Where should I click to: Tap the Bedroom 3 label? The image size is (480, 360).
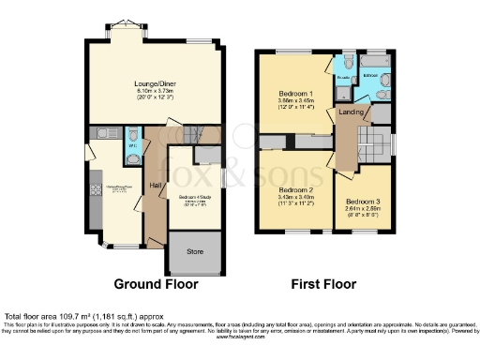pos(362,202)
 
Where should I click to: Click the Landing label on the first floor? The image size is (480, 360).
pos(352,112)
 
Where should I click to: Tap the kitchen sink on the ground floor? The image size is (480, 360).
pos(106,134)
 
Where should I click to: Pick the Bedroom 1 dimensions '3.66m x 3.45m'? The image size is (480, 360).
pos(297,101)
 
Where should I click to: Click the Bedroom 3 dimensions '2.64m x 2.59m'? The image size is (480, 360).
pos(362,209)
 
